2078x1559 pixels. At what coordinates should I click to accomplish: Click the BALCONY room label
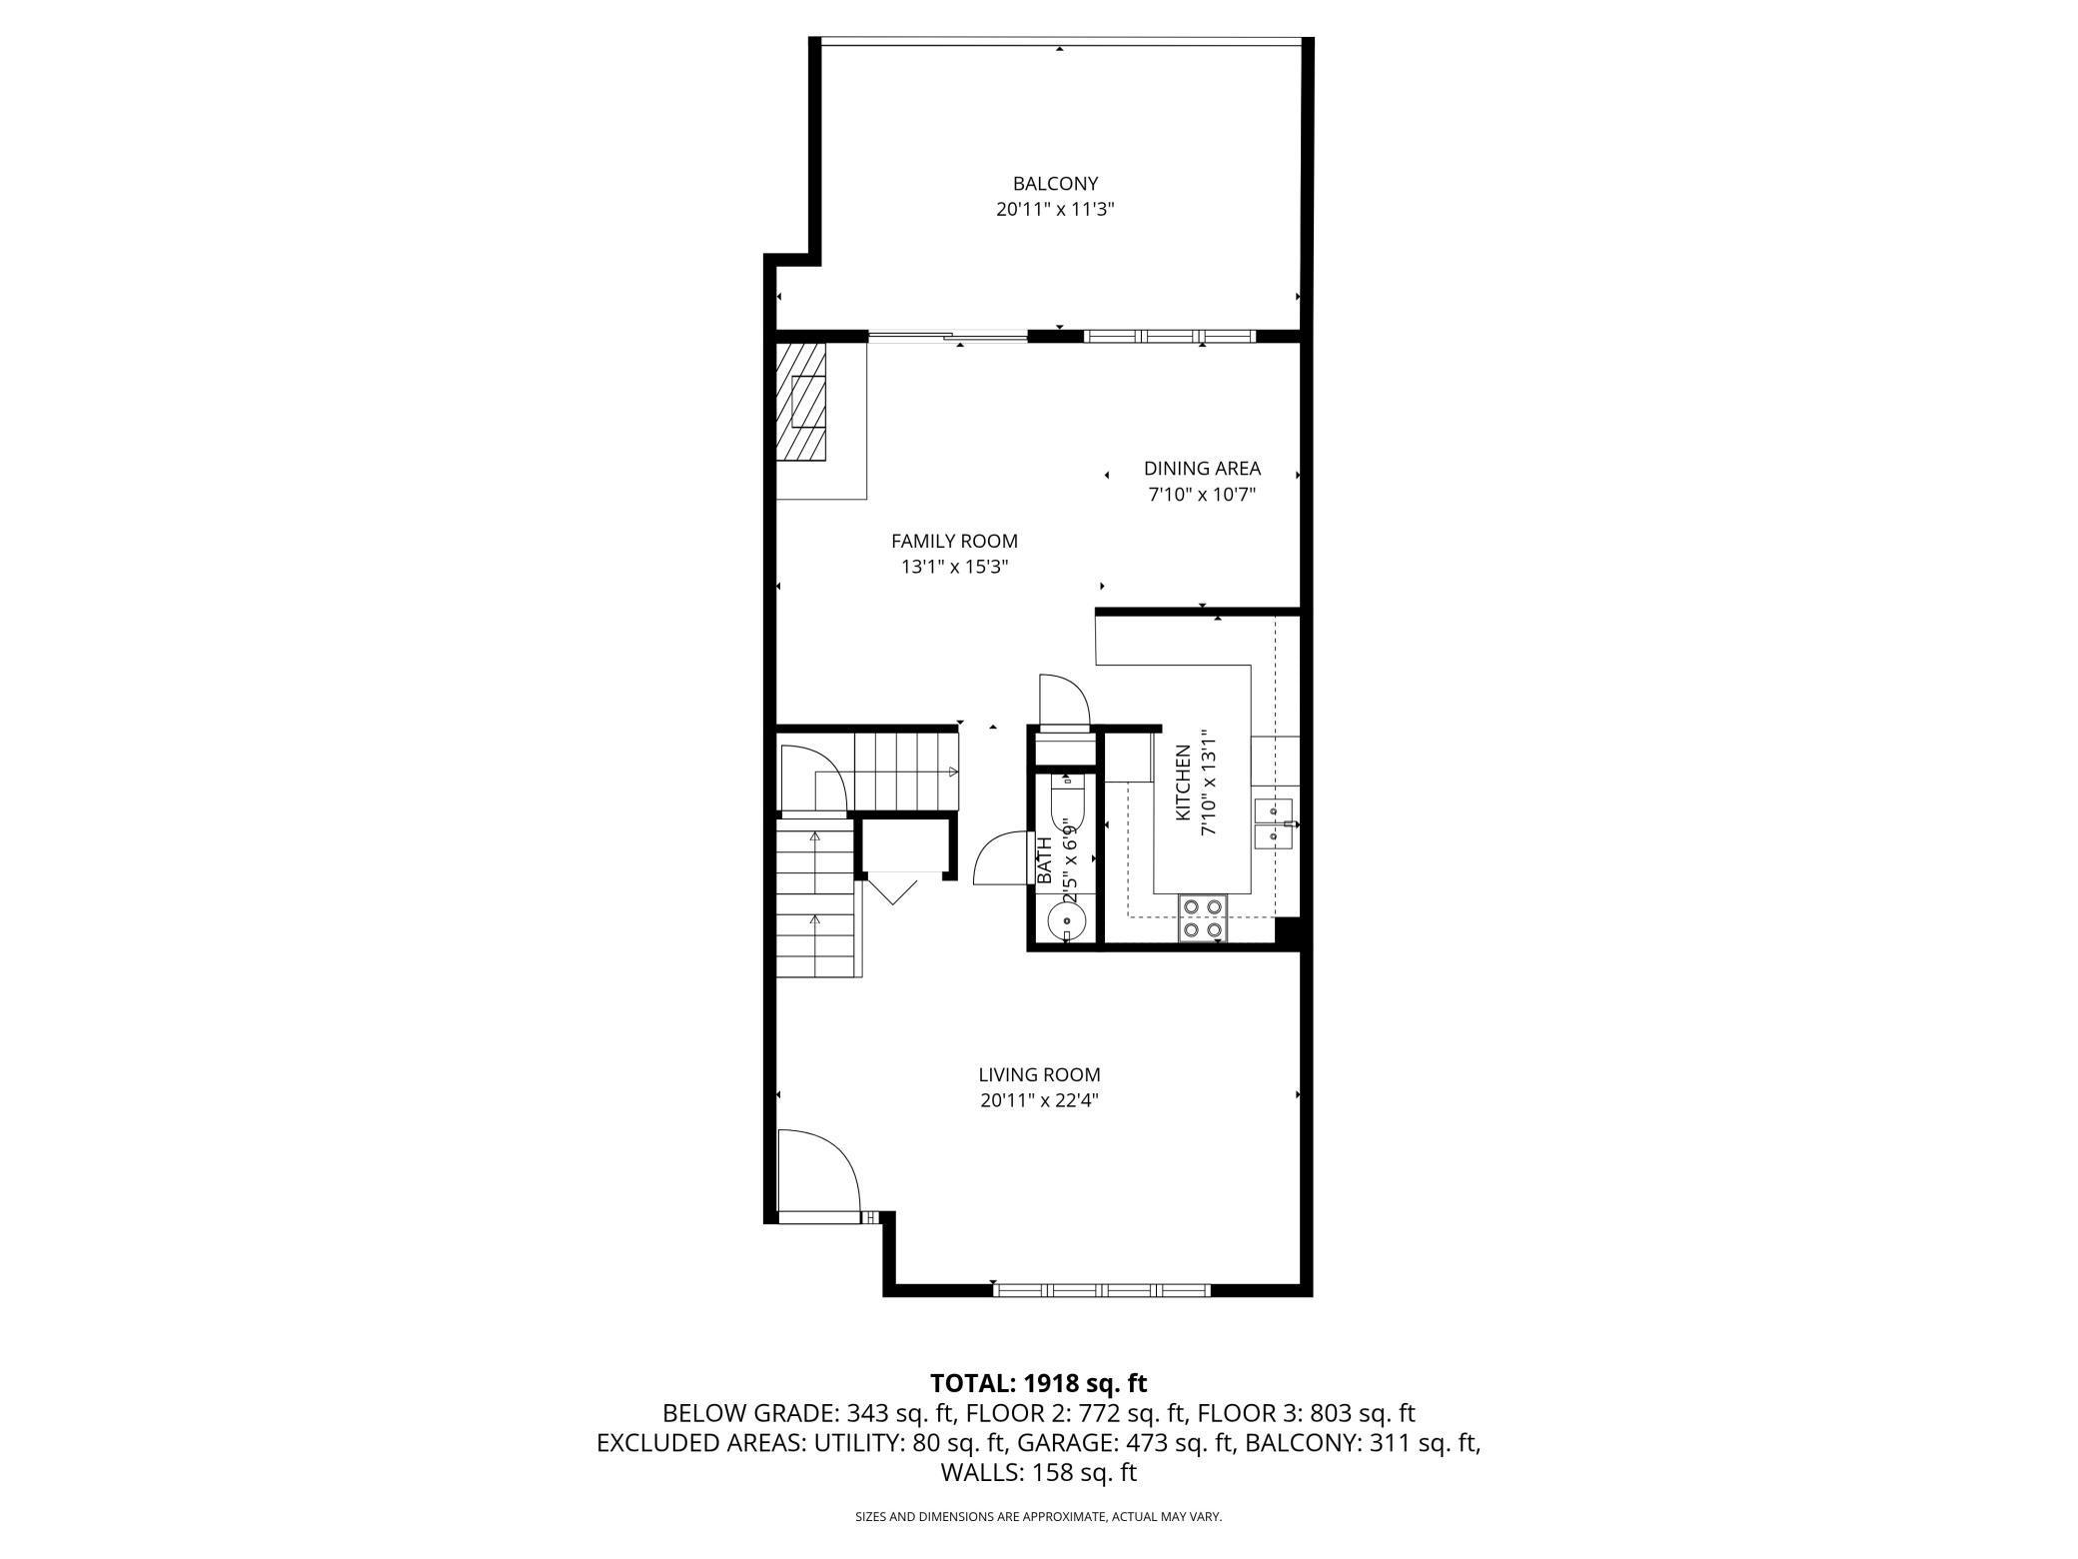pos(1055,184)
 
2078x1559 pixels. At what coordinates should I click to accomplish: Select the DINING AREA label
pos(1202,468)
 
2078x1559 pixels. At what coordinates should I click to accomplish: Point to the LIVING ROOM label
pos(1039,1075)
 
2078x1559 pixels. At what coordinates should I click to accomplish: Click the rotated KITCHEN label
pos(1183,783)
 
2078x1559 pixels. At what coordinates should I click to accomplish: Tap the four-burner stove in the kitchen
pos(1202,917)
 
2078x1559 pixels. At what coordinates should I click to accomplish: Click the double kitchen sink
pos(1273,822)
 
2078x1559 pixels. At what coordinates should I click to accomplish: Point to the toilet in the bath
pos(1067,798)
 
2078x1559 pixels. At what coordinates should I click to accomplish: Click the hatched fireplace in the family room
pos(802,402)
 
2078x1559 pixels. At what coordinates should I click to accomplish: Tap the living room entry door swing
pos(818,1175)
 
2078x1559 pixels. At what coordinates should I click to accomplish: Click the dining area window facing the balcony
pos(1170,336)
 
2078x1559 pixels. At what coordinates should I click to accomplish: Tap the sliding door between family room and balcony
pos(947,336)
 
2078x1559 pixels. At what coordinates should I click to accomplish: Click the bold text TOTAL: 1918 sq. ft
pos(1038,1384)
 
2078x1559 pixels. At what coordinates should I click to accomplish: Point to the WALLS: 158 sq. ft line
pos(1039,1473)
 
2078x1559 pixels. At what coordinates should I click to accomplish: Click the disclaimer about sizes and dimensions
pos(1039,1517)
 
